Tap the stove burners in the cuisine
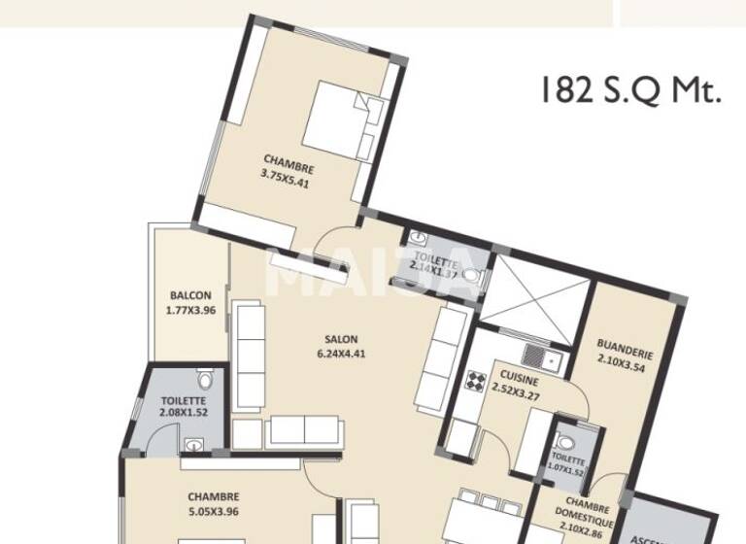[476, 380]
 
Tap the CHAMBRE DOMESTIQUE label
[586, 515]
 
